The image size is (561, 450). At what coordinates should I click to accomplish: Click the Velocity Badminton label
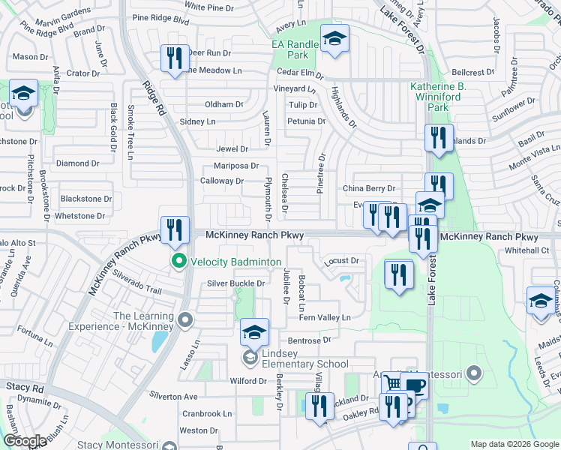coord(236,261)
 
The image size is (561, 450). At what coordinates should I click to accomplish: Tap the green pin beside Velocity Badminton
coord(179,261)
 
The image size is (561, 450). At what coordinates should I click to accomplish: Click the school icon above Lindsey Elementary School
coord(254,331)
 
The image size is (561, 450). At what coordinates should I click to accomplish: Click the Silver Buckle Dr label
coord(236,283)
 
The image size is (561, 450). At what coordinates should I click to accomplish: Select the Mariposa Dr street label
coord(236,166)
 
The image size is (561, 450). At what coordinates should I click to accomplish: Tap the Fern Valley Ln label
coord(325,318)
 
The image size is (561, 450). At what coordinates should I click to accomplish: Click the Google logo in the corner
coord(25,441)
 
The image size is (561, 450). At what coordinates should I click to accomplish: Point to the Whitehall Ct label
coord(527,250)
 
